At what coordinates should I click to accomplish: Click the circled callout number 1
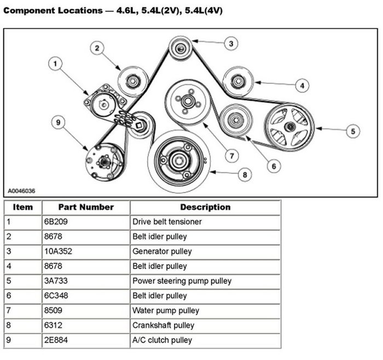click(x=55, y=65)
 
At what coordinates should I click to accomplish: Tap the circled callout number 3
click(x=231, y=43)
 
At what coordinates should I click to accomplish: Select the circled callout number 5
click(x=353, y=131)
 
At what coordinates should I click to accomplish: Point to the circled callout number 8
click(x=245, y=175)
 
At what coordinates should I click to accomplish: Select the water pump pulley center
click(x=188, y=101)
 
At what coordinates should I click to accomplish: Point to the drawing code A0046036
click(x=20, y=191)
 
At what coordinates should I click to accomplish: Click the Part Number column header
click(x=86, y=207)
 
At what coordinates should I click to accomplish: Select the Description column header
click(x=205, y=207)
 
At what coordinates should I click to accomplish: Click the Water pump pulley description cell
click(x=166, y=311)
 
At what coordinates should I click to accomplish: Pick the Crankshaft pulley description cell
click(x=164, y=326)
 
